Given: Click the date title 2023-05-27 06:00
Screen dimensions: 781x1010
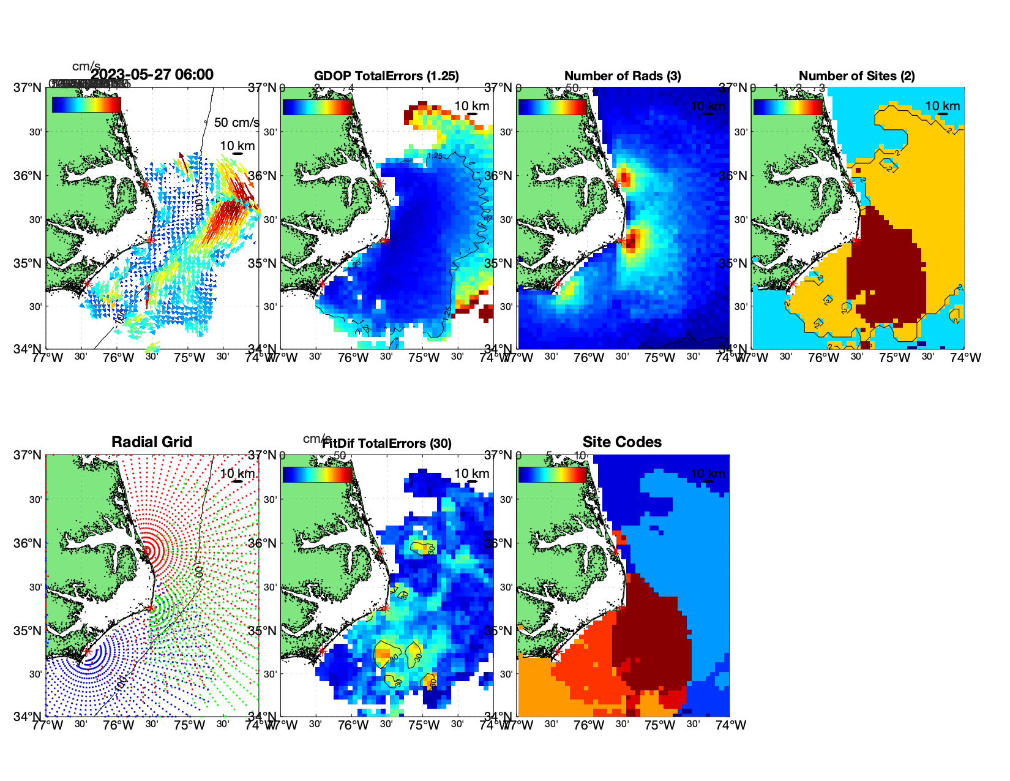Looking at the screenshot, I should pyautogui.click(x=152, y=75).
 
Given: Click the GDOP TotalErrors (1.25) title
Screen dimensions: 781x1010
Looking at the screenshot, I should pyautogui.click(x=386, y=76).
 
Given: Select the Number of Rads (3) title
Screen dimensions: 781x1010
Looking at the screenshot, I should pyautogui.click(x=623, y=76).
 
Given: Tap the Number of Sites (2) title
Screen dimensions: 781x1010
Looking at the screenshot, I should pyautogui.click(x=856, y=76).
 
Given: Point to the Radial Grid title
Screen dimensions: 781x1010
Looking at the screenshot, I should pyautogui.click(x=152, y=442).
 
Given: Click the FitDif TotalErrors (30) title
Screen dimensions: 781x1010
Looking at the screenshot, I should pyautogui.click(x=387, y=443).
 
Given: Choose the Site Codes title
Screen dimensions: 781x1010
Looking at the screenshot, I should pyautogui.click(x=622, y=442).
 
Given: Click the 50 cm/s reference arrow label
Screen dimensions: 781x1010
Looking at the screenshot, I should pyautogui.click(x=236, y=123).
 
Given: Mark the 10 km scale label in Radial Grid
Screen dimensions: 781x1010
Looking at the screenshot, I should pyautogui.click(x=237, y=474).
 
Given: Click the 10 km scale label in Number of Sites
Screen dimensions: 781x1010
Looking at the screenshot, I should pyautogui.click(x=942, y=106).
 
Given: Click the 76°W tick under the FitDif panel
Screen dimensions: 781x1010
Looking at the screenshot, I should pyautogui.click(x=353, y=725).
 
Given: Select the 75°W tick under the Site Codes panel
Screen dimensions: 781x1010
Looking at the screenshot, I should pyautogui.click(x=660, y=725).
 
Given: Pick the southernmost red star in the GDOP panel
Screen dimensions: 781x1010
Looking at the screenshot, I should pyautogui.click(x=322, y=284).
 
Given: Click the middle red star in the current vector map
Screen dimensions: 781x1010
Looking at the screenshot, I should pyautogui.click(x=151, y=240).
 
